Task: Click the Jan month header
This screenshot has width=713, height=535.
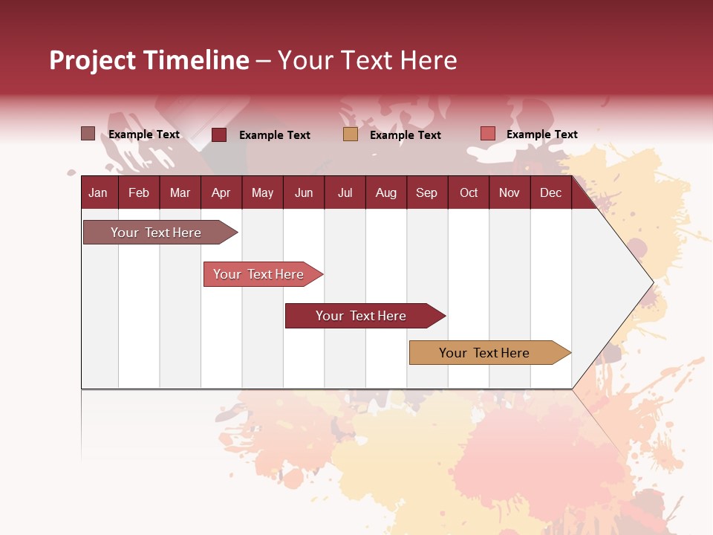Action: [98, 192]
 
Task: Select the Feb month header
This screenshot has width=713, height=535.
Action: [139, 192]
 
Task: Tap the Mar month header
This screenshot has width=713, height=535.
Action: [180, 192]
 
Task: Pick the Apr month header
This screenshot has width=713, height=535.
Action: [221, 192]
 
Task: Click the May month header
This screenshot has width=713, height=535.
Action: [262, 192]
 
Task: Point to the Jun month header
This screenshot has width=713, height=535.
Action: [304, 192]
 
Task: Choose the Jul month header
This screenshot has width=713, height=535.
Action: [345, 192]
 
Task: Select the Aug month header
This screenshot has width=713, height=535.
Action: [385, 192]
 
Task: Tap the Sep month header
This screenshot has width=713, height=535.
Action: [426, 192]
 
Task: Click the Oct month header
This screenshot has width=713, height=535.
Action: [469, 192]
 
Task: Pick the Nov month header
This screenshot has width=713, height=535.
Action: [509, 192]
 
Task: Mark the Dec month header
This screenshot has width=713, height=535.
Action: [550, 192]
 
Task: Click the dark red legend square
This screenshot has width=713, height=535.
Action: [219, 134]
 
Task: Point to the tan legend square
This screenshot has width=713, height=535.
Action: [351, 134]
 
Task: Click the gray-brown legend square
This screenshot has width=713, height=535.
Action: [88, 134]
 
